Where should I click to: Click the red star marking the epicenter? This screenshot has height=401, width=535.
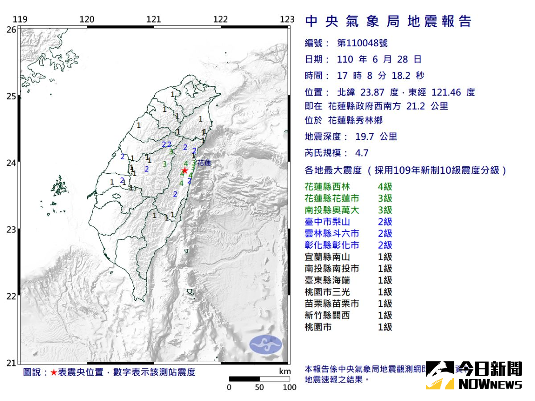point(185,170)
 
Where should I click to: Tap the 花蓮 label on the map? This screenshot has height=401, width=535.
point(204,163)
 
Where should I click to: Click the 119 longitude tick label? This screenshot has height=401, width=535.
point(20,19)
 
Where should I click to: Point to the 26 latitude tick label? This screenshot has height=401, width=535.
point(12,29)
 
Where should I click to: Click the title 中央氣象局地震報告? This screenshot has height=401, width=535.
point(388,21)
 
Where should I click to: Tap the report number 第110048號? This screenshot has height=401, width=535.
point(362,43)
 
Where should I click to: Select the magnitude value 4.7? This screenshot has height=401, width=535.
point(362,153)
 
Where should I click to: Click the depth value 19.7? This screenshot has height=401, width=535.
point(364,137)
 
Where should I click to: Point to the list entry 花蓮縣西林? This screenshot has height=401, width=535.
point(327,187)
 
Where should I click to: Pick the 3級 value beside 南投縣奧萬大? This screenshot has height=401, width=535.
point(385,210)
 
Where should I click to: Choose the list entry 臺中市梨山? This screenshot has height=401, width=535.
point(327,222)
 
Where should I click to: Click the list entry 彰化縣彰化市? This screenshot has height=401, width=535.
point(332,245)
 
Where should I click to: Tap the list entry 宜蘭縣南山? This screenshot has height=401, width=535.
point(327,257)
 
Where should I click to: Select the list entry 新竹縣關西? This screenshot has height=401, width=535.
point(327,315)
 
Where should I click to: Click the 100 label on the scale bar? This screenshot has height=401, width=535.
point(290,387)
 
